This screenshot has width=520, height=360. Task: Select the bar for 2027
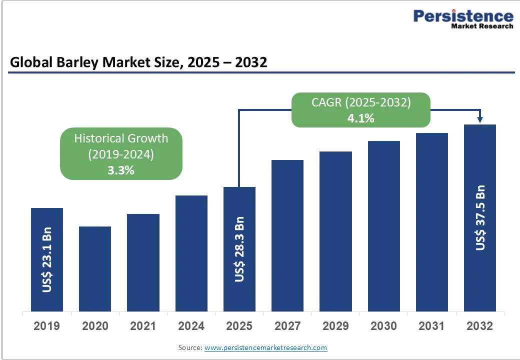click(287, 235)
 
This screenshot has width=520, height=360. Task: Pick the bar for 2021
click(143, 262)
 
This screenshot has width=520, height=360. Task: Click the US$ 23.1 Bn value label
click(47, 260)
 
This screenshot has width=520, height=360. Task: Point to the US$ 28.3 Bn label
click(239, 249)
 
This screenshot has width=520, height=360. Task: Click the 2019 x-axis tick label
click(46, 326)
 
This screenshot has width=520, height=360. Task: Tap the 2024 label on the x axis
click(191, 326)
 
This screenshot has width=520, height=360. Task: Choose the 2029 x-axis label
click(335, 326)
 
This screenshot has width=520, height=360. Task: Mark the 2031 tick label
click(431, 326)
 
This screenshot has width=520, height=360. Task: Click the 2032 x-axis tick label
click(479, 326)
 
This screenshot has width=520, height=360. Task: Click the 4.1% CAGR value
click(360, 118)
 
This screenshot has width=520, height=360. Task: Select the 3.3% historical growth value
click(121, 170)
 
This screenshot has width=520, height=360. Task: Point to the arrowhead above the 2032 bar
click(480, 120)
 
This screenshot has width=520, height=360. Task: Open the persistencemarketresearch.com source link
click(266, 347)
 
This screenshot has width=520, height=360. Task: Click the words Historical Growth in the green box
click(121, 138)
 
